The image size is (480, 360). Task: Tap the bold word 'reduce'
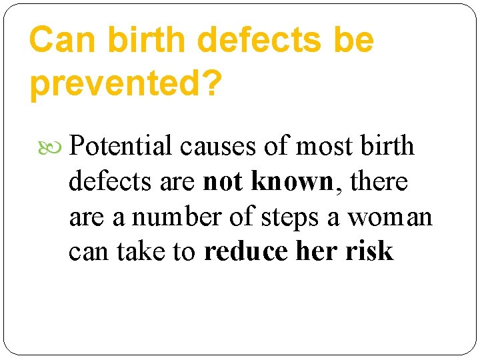(244, 253)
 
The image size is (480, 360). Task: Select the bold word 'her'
(316, 253)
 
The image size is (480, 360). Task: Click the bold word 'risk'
(370, 253)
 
